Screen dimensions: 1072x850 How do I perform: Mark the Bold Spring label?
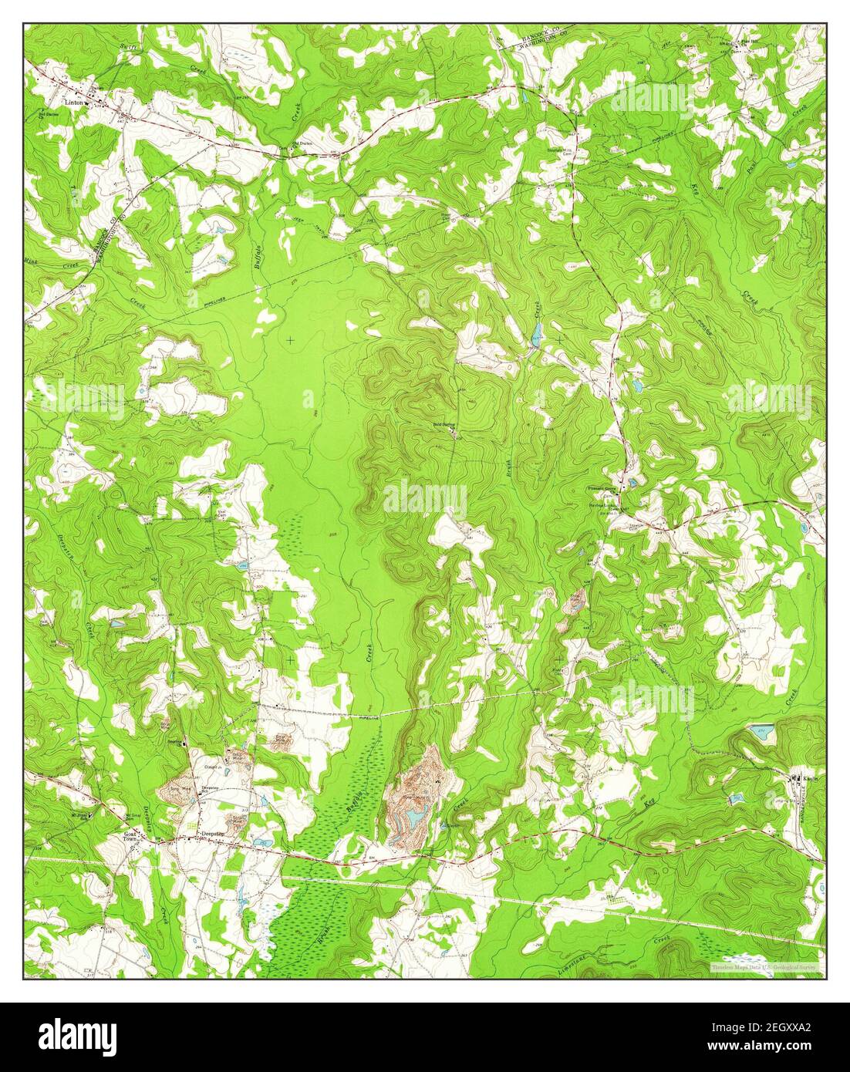click(443, 424)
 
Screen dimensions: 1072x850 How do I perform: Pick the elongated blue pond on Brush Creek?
click(535, 333)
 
